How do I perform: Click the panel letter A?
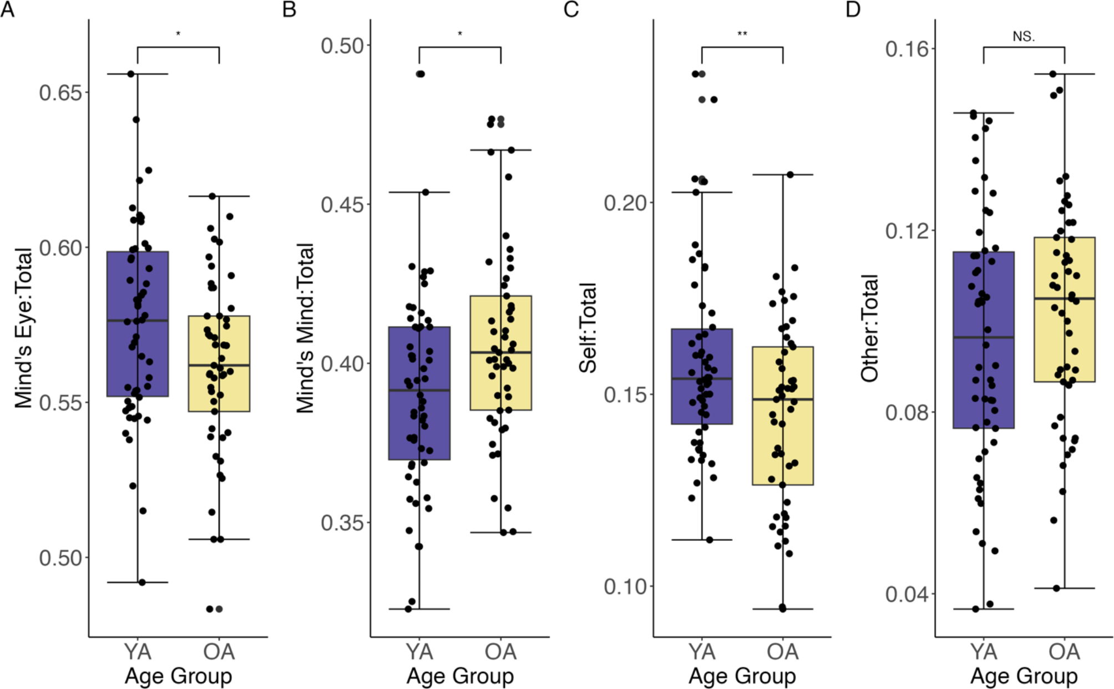[7, 9]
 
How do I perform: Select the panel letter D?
[853, 9]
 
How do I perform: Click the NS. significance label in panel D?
[1024, 37]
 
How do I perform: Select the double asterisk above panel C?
[742, 34]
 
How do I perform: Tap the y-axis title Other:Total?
[869, 328]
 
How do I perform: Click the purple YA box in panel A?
[138, 355]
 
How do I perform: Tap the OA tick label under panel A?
[219, 651]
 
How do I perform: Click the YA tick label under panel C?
[701, 651]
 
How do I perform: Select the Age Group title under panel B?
[460, 676]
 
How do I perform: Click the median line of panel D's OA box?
[1064, 298]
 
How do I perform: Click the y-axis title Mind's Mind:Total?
[305, 328]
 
